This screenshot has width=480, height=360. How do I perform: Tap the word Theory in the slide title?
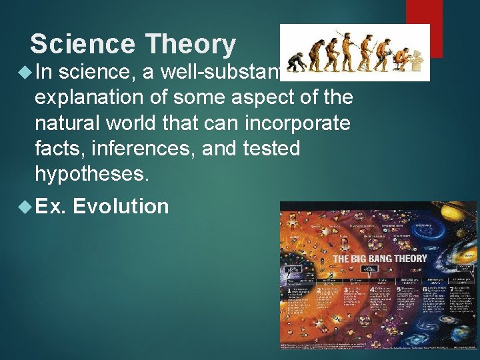pos(191,45)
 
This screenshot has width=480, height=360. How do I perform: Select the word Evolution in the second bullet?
pos(121,206)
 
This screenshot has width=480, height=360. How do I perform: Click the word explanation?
pos(101,97)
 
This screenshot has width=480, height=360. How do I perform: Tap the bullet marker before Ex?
pos(25,207)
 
